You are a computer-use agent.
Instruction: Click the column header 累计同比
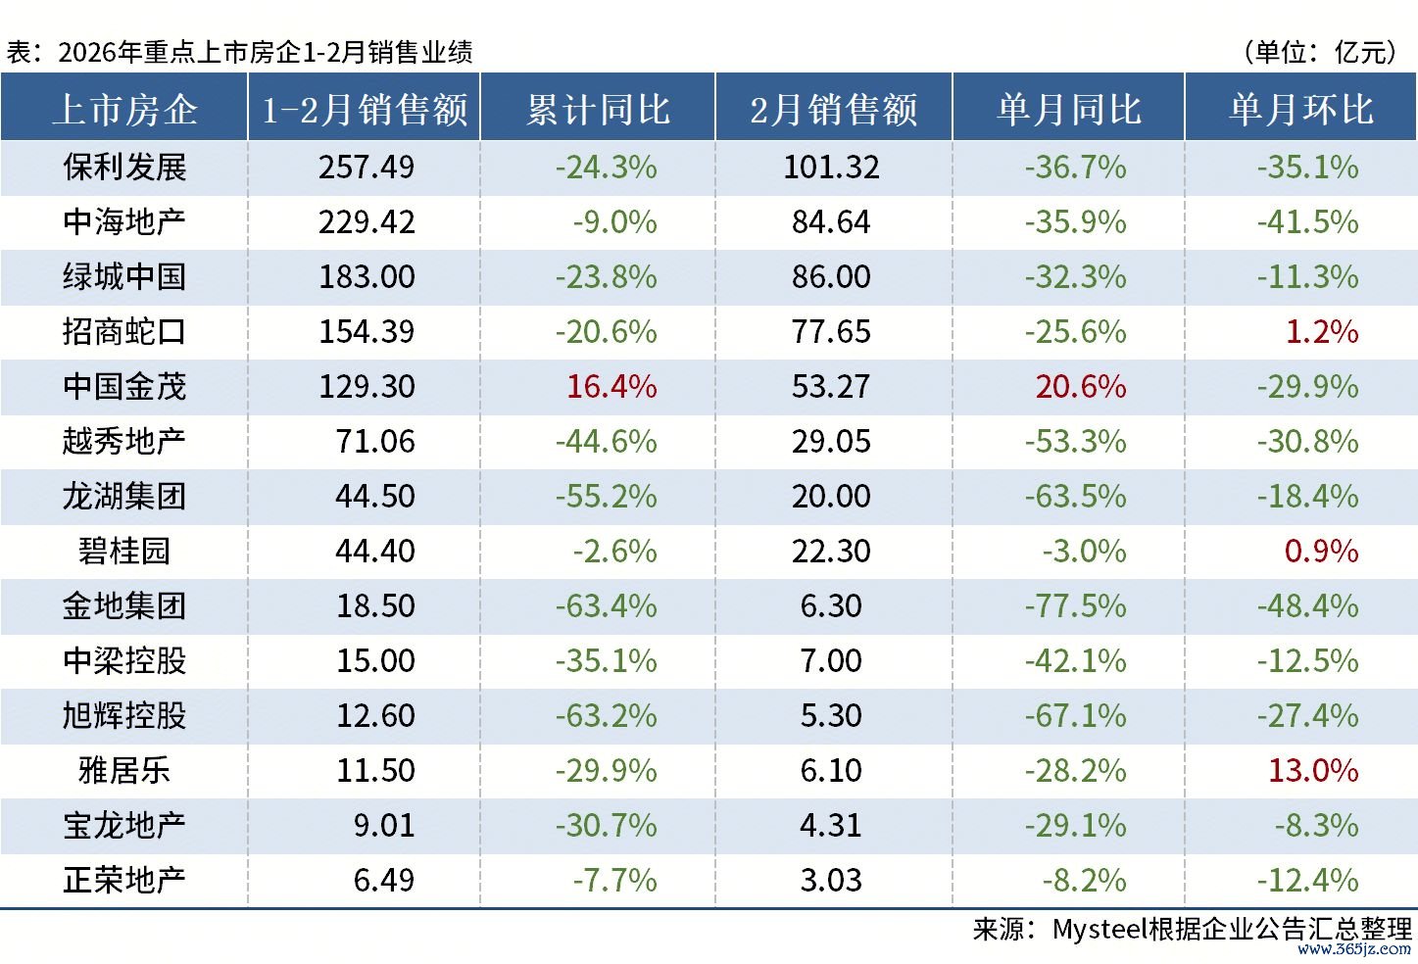pos(598,109)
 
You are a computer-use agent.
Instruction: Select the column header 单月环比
pos(1301,109)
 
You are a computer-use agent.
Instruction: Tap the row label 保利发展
pos(124,168)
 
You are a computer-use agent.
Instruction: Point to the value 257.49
pos(367,168)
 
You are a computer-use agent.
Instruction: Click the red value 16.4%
pos(611,387)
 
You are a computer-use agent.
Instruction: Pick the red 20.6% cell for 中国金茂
pos(1081,387)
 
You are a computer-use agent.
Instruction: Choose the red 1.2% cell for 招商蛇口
pos(1321,332)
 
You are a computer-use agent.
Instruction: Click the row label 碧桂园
pos(124,552)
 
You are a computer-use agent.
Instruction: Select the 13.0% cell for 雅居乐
pos(1313,771)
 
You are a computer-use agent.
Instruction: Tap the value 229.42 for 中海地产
pos(367,222)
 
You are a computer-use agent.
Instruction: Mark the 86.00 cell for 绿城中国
pos(831,277)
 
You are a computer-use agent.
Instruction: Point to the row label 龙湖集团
pos(124,497)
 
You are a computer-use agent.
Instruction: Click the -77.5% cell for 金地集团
pos(1076,606)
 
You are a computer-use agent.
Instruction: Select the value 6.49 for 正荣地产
pos(384,881)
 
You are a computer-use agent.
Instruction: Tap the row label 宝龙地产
pos(124,826)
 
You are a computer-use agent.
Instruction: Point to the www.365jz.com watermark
pos(1354,948)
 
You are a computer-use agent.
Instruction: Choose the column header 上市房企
pos(124,109)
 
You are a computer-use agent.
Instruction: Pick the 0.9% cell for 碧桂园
pos(1321,552)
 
